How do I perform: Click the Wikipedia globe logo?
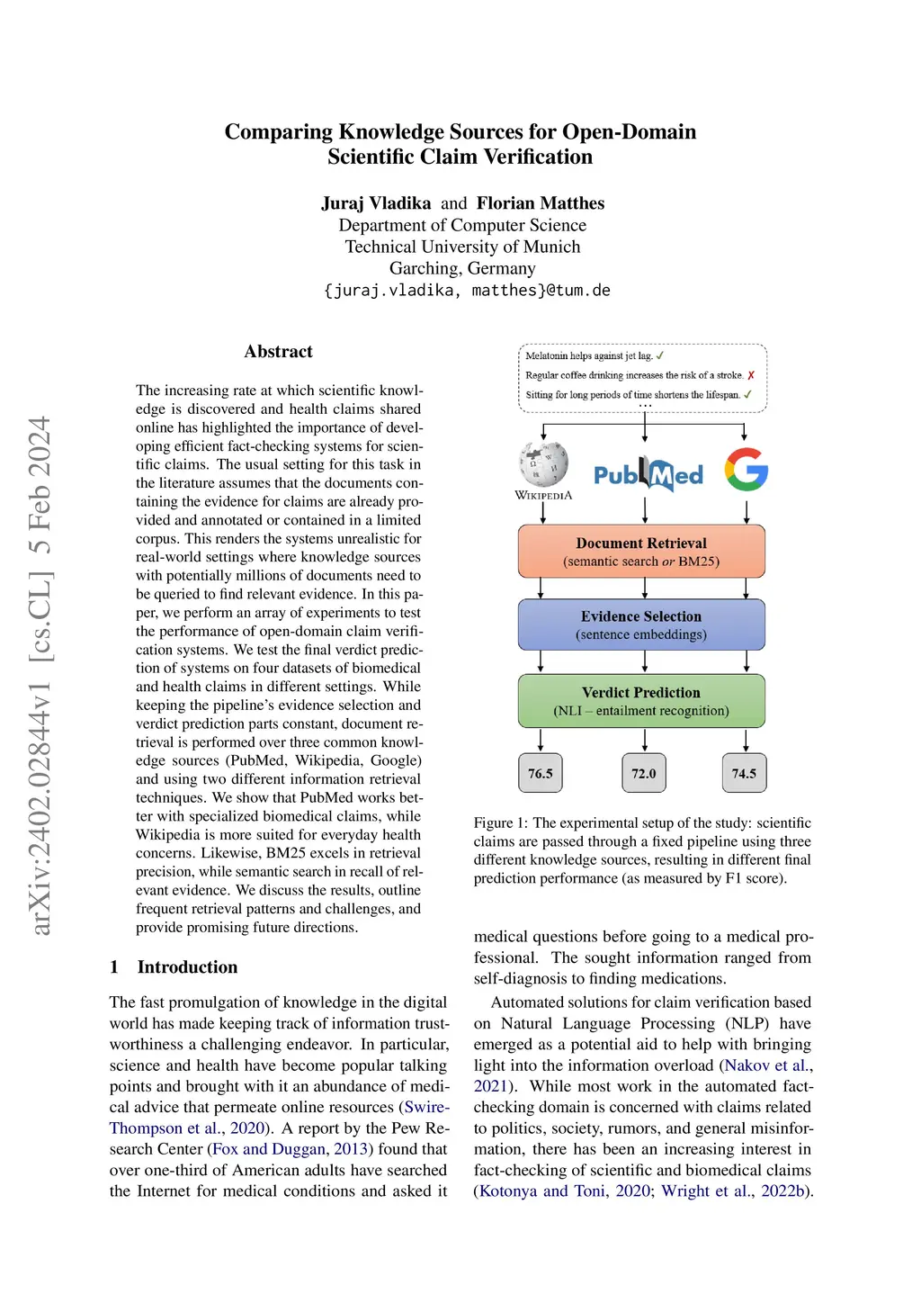click(x=543, y=464)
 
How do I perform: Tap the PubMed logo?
click(x=648, y=474)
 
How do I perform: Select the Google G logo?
click(x=747, y=469)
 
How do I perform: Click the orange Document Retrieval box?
click(x=641, y=551)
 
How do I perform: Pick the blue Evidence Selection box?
click(x=641, y=625)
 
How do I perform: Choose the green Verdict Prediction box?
click(x=641, y=700)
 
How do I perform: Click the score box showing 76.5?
click(x=541, y=773)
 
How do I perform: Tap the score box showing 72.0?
click(x=644, y=773)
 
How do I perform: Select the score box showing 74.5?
click(x=744, y=773)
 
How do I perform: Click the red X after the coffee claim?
click(x=751, y=375)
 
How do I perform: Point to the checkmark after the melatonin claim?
click(x=660, y=355)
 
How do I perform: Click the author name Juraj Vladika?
click(x=376, y=203)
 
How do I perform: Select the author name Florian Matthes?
click(x=541, y=203)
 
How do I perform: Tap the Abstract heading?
click(x=278, y=352)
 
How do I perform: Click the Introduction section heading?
click(x=187, y=967)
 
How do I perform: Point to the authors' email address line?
click(x=467, y=291)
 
